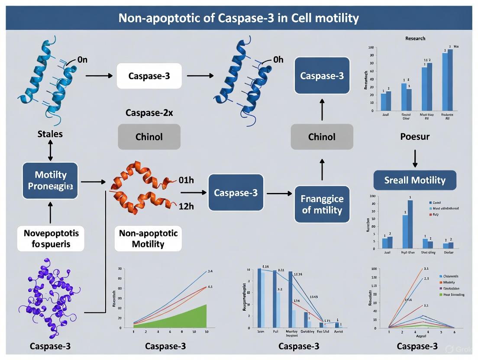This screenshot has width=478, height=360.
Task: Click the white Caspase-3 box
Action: click(x=149, y=76)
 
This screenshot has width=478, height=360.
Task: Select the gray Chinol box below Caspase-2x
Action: click(x=149, y=137)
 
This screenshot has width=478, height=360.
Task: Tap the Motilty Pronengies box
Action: click(x=50, y=180)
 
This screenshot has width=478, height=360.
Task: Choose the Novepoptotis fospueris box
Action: click(x=51, y=238)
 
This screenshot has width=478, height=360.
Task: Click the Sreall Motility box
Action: click(x=414, y=180)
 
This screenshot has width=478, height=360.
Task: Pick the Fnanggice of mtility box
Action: click(x=322, y=204)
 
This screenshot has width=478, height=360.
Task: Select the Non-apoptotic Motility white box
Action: click(x=148, y=238)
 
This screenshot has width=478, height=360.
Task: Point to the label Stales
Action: click(x=50, y=134)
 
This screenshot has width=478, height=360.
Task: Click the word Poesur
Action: click(x=414, y=137)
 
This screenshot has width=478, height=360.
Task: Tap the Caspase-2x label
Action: click(x=149, y=112)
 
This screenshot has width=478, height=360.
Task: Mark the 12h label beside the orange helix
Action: click(x=186, y=206)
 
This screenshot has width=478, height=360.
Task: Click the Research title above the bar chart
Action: click(x=415, y=39)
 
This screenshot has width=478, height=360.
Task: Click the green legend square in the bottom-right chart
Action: click(x=441, y=294)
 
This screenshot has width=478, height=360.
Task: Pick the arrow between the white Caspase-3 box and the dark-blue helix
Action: click(x=200, y=76)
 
